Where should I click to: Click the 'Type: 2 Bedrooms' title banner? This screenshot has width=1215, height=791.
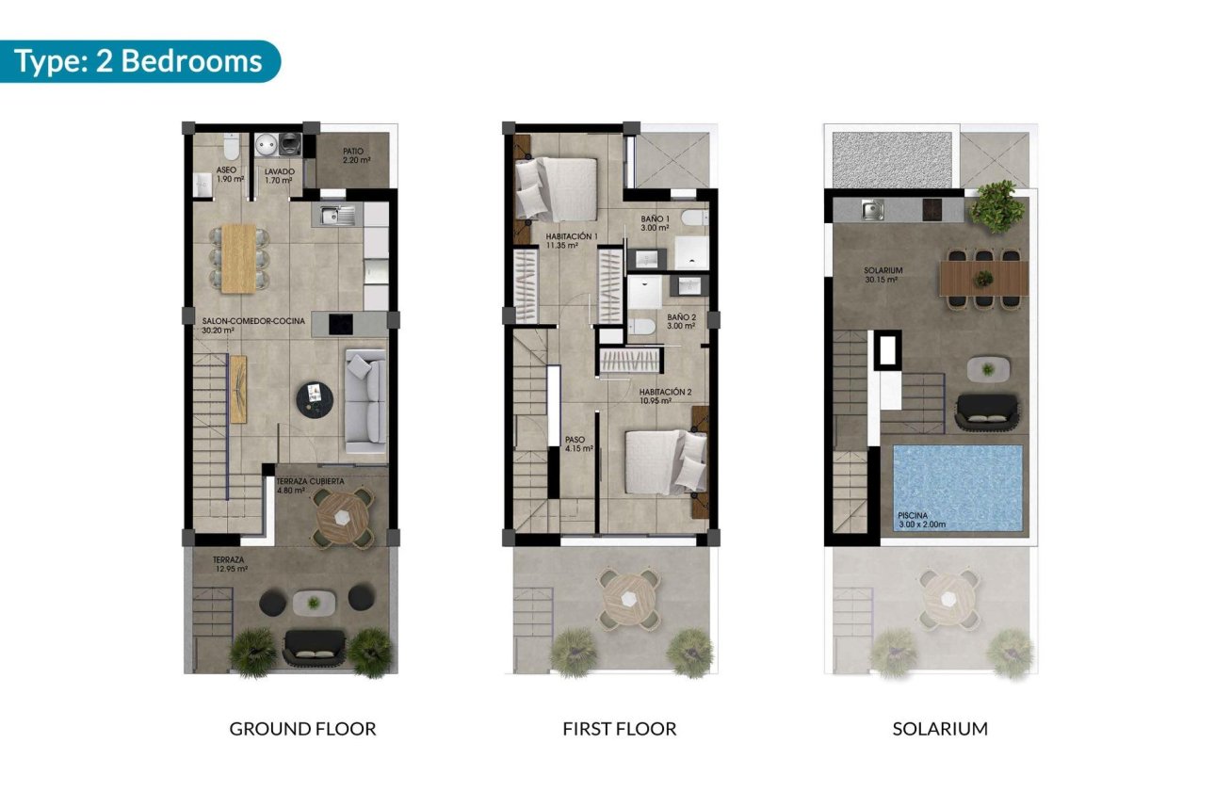(139, 61)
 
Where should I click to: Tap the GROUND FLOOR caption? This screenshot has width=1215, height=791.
(302, 729)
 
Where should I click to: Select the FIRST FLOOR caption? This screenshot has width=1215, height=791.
(619, 729)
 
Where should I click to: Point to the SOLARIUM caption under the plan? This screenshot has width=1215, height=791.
(940, 729)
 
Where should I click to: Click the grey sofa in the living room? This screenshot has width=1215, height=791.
(366, 395)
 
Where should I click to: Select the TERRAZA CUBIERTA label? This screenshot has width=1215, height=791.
(310, 485)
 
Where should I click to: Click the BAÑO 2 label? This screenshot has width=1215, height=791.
(681, 322)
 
